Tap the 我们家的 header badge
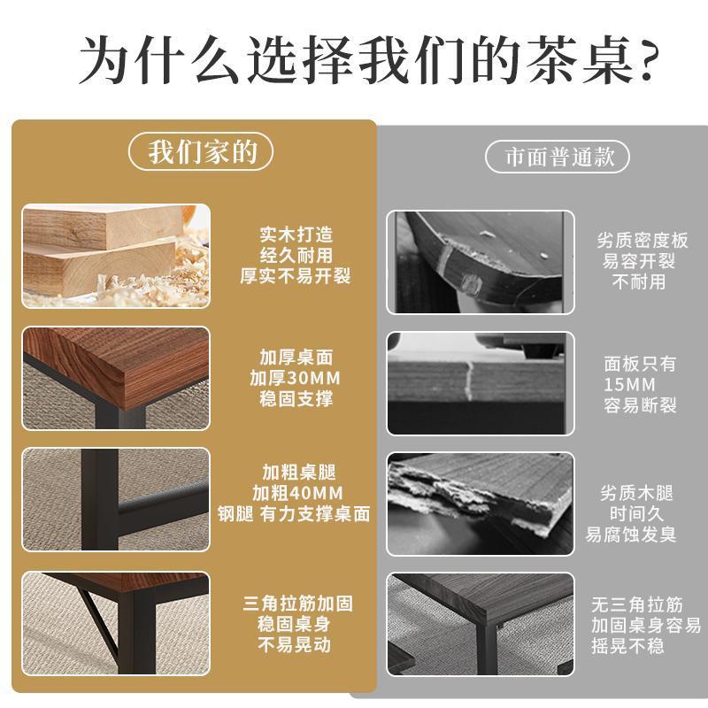tap(203, 153)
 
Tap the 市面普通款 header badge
tap(558, 158)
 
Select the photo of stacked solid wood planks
tap(116, 256)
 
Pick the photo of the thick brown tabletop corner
tap(116, 378)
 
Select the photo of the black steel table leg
tap(116, 500)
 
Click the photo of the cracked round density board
tap(480, 262)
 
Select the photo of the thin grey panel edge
tap(480, 383)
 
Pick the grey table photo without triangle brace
tap(480, 625)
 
